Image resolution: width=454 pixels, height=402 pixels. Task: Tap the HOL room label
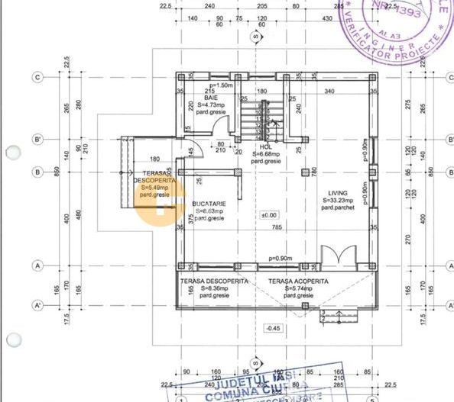point(265,146)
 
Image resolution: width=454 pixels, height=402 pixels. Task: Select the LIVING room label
point(338,193)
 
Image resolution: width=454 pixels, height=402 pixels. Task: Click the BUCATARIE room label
point(209,204)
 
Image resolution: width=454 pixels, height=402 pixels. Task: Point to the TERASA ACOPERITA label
point(298,281)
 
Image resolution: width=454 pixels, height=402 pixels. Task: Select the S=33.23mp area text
point(338,201)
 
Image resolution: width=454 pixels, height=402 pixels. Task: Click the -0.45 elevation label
point(273,328)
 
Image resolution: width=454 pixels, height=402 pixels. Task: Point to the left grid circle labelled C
point(36,77)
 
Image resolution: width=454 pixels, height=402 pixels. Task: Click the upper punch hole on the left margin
point(12,152)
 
